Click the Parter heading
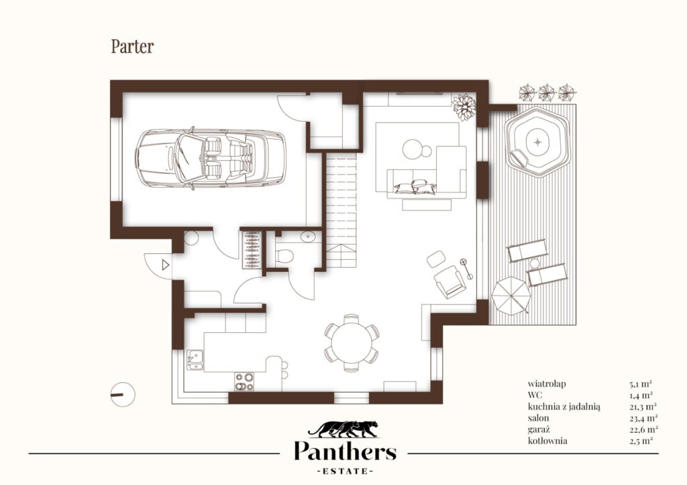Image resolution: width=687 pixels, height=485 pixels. (x=132, y=46)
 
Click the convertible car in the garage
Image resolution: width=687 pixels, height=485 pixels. (x=211, y=158)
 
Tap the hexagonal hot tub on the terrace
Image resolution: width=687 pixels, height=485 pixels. (x=537, y=142)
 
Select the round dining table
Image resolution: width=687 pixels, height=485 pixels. (x=352, y=343)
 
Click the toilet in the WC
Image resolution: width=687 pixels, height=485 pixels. (x=284, y=255)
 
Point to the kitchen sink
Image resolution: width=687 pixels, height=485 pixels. (x=195, y=360)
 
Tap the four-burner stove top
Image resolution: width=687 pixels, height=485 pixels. (x=244, y=381)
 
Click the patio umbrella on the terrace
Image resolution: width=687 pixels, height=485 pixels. (x=511, y=295)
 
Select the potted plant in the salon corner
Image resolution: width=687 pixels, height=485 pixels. (x=464, y=107)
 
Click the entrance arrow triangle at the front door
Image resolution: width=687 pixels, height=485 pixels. (x=166, y=265)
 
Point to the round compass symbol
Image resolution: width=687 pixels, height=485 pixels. (x=123, y=395)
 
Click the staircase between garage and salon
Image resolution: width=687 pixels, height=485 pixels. (x=341, y=210)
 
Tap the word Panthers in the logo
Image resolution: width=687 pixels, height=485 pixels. (x=345, y=451)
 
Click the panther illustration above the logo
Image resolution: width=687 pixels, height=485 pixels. (x=343, y=429)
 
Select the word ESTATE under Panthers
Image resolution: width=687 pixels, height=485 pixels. (x=345, y=471)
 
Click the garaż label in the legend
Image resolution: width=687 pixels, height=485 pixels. (x=539, y=429)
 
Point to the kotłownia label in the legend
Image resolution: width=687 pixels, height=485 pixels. (x=547, y=440)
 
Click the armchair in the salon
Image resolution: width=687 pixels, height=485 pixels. (x=449, y=281)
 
